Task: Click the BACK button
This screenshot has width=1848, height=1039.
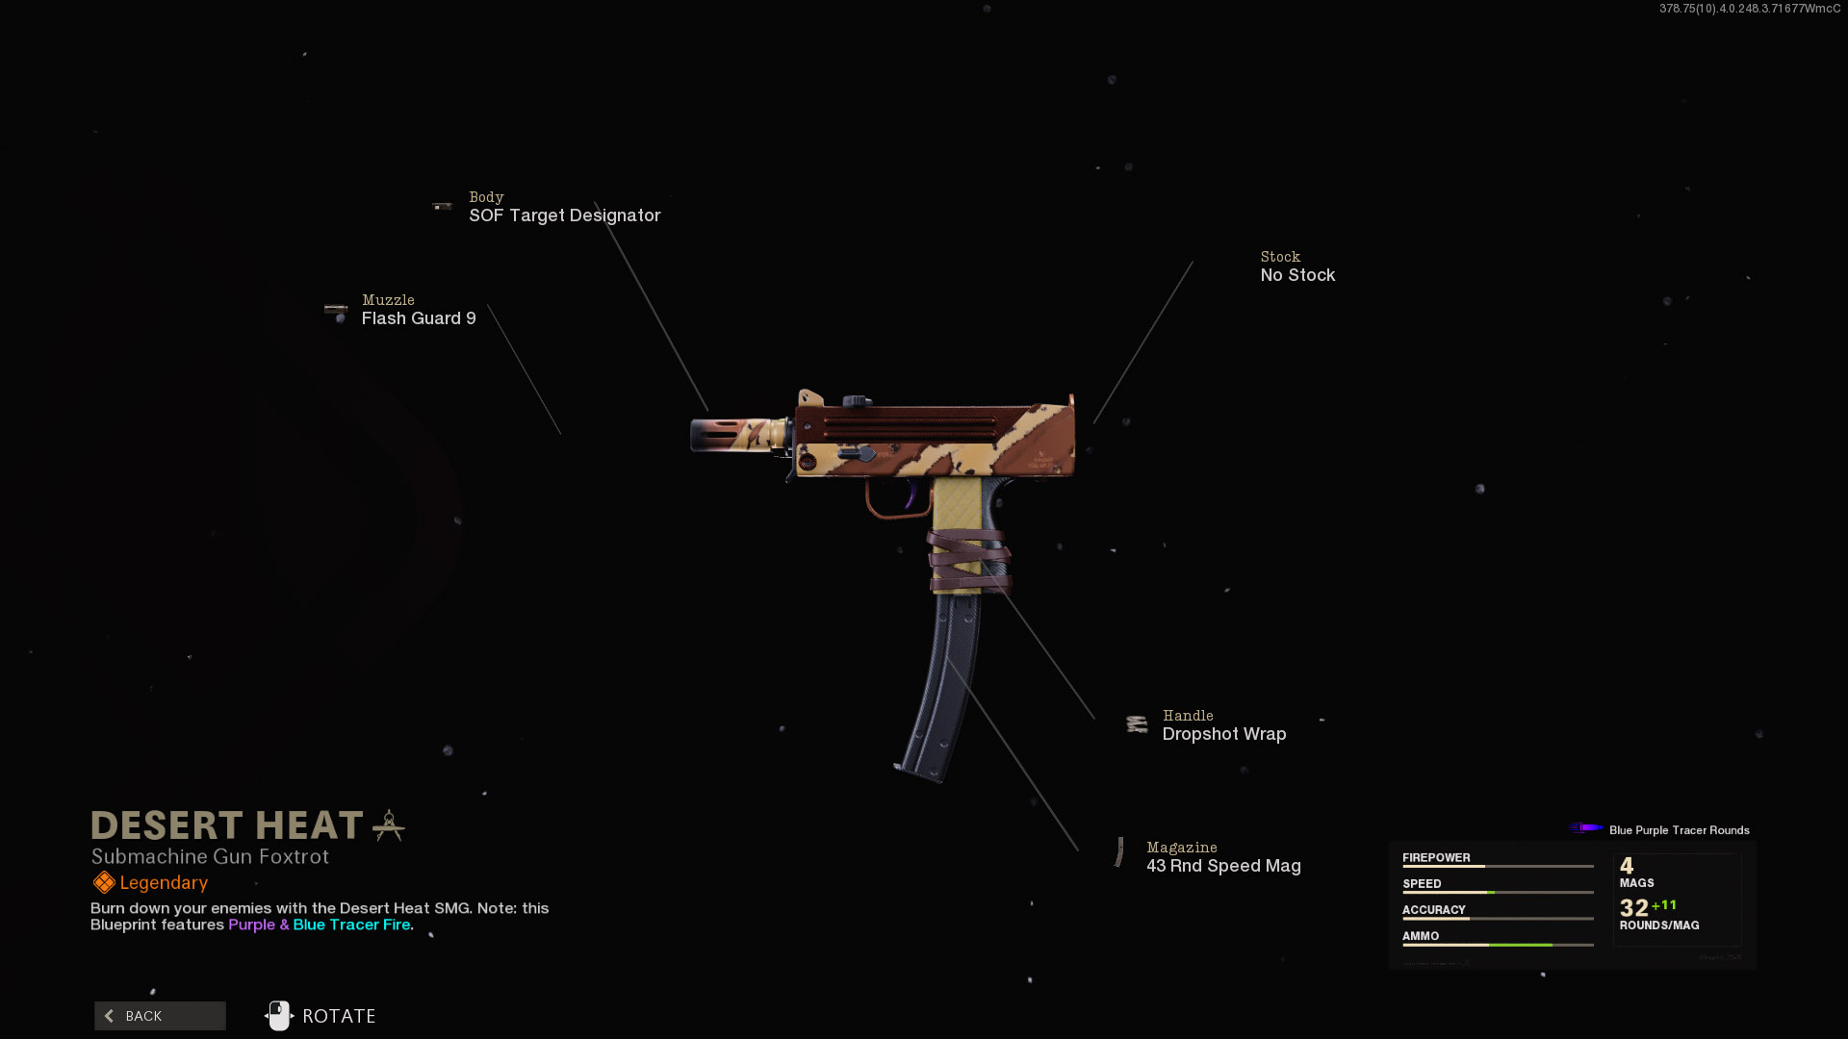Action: pyautogui.click(x=160, y=1016)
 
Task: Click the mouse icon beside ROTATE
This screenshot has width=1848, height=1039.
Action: pyautogui.click(x=278, y=1016)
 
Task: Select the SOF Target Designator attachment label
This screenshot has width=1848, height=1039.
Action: pyautogui.click(x=564, y=215)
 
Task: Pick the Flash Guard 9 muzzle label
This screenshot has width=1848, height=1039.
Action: pyautogui.click(x=419, y=318)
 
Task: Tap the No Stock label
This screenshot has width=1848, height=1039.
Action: pyautogui.click(x=1297, y=275)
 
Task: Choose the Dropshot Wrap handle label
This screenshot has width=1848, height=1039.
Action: pyautogui.click(x=1223, y=734)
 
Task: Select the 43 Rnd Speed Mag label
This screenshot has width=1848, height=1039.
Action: pyautogui.click(x=1223, y=866)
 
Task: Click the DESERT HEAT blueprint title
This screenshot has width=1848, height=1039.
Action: pyautogui.click(x=227, y=825)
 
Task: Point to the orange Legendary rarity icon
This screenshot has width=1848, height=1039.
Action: pyautogui.click(x=104, y=882)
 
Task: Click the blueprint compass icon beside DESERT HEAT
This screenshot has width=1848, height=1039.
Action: pyautogui.click(x=389, y=825)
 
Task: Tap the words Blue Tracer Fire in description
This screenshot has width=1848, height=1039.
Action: pyautogui.click(x=351, y=925)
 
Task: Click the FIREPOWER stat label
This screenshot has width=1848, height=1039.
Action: pyautogui.click(x=1436, y=858)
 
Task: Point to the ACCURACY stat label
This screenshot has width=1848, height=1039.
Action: pyautogui.click(x=1433, y=910)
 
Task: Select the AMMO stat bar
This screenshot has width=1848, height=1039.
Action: pyautogui.click(x=1497, y=945)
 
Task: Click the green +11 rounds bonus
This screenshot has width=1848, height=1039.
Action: pyautogui.click(x=1664, y=905)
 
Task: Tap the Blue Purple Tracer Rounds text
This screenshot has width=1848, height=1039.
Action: pyautogui.click(x=1679, y=830)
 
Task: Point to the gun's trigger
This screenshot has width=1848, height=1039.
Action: pyautogui.click(x=910, y=495)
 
